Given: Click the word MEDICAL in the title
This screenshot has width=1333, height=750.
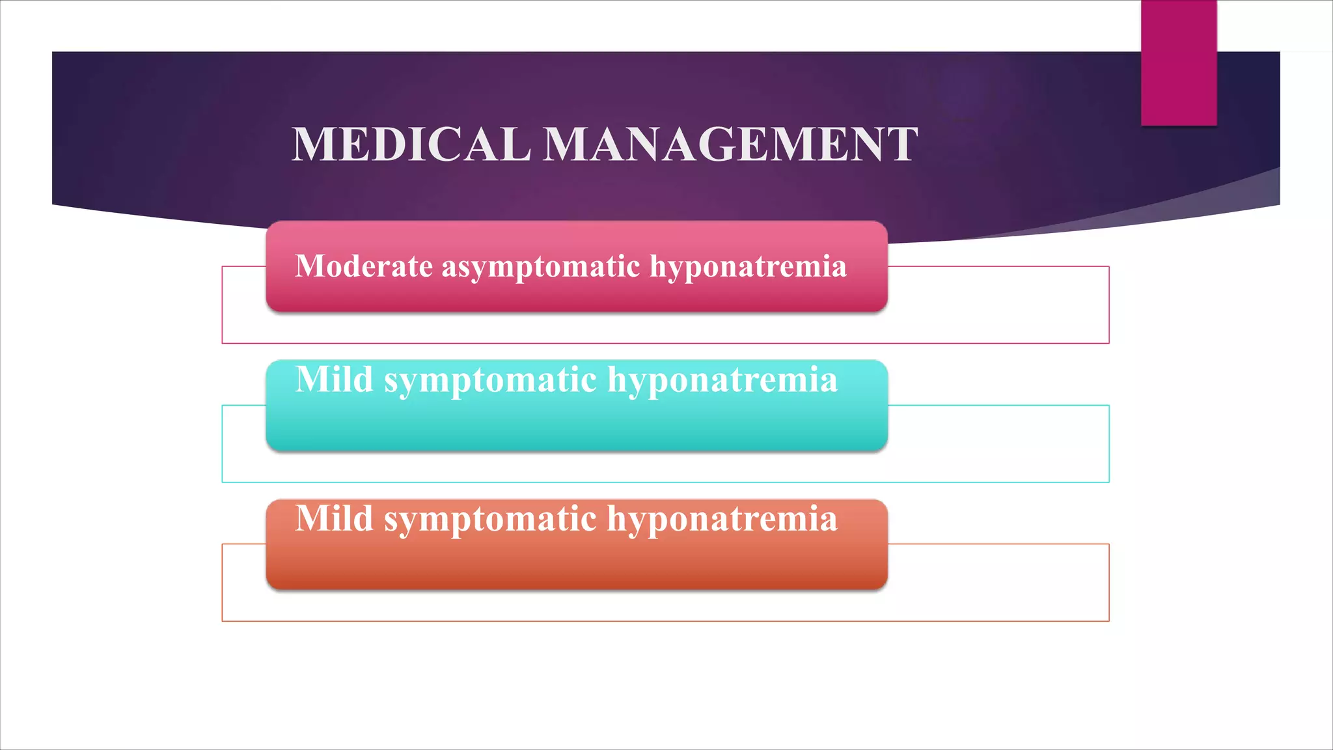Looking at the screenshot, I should tap(411, 145).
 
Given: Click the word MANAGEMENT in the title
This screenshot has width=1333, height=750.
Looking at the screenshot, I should tap(730, 145).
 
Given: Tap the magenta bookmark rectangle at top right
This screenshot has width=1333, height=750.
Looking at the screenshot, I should tap(1179, 63).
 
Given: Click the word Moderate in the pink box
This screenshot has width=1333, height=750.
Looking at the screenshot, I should tap(364, 266).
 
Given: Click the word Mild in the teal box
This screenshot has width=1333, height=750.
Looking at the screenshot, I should tap(334, 380).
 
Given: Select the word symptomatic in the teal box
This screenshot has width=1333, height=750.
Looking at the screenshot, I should tap(490, 381).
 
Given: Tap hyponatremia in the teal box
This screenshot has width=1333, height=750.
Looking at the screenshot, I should tap(722, 381).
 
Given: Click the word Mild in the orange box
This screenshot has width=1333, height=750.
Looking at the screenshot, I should tap(334, 519).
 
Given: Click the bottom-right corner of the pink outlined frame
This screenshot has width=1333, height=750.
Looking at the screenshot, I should tap(1108, 342).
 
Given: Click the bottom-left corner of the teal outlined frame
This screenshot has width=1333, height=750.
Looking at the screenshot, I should tap(223, 482).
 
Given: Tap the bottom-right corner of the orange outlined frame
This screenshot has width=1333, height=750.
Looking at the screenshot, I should tap(1108, 620).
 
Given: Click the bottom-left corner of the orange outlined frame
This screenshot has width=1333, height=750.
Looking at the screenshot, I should tap(223, 620).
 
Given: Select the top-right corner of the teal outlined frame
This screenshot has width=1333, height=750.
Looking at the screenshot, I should tap(1108, 406).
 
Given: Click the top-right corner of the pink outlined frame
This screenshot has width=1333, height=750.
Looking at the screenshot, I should tap(1108, 267).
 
